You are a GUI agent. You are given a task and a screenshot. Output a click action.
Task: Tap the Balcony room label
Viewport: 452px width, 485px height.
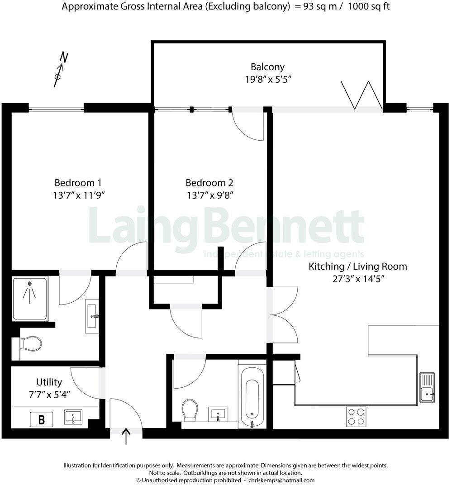268,67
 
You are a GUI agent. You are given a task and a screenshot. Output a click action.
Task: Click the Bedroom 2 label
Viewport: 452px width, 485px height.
209,183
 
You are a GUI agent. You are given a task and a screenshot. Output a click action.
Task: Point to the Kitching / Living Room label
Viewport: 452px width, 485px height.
357,266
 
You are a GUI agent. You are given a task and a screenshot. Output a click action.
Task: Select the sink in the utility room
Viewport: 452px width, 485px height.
73,417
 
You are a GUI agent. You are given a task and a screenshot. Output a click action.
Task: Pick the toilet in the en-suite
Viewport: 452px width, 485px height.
31,343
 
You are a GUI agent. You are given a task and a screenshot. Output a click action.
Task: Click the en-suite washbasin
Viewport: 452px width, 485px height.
93,314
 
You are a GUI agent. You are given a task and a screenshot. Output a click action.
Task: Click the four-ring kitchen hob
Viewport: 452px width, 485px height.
356,416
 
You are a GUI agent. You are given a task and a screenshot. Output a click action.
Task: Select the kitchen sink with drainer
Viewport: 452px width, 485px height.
427,387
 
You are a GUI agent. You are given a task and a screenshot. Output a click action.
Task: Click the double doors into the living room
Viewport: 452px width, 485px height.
283,315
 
